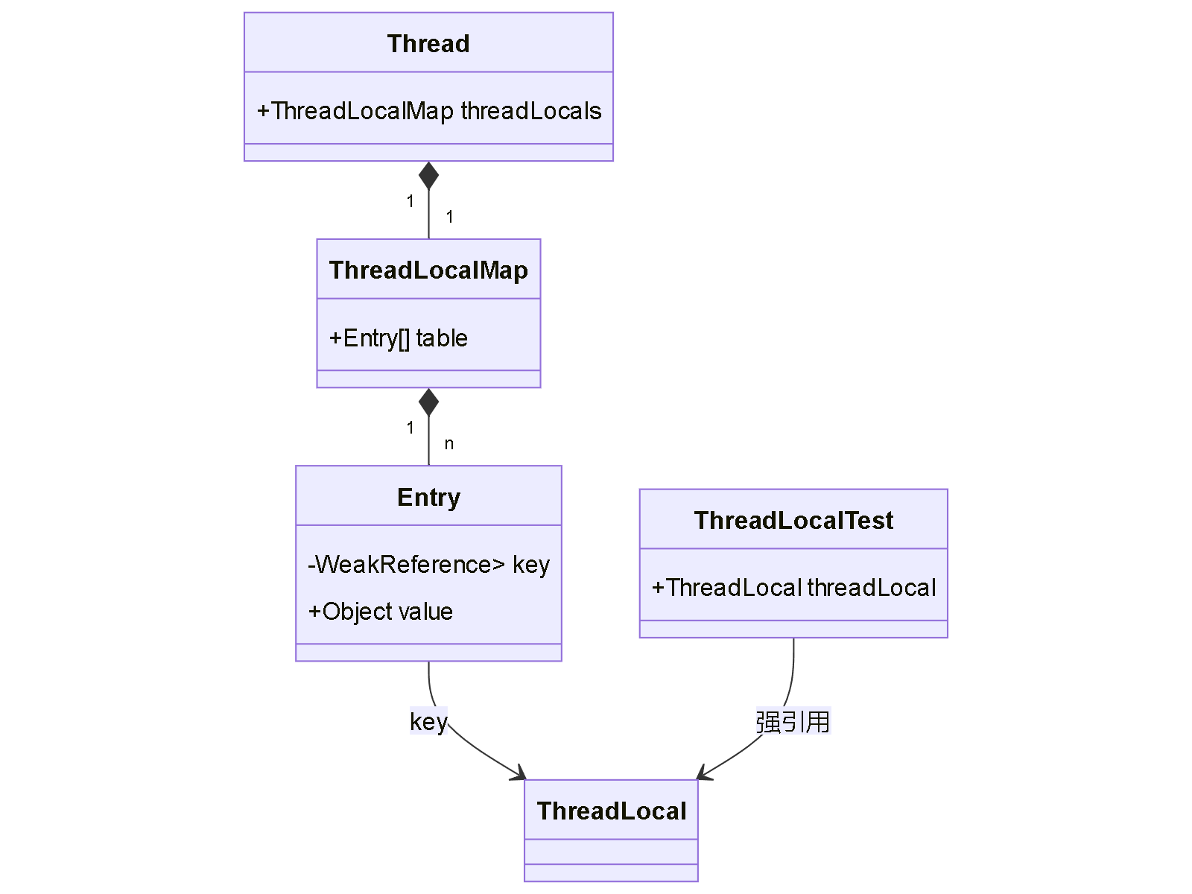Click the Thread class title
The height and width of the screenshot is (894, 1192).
coord(428,44)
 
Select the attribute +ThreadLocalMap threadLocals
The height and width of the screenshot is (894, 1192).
coord(428,111)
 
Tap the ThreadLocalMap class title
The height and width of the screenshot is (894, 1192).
coord(428,270)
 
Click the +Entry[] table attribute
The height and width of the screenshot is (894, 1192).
coord(399,338)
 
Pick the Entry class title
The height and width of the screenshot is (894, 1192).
coord(428,497)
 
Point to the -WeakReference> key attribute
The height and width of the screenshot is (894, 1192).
coord(428,565)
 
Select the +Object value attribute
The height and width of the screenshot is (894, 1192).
coord(381,612)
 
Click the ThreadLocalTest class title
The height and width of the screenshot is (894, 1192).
coord(793,520)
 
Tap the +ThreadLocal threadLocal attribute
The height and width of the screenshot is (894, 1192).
coord(793,588)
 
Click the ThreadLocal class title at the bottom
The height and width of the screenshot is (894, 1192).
coord(611,811)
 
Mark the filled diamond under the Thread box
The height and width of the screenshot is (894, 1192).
coord(428,177)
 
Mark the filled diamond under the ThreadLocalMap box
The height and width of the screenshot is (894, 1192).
coord(428,402)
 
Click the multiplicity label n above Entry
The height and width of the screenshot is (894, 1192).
coord(449,444)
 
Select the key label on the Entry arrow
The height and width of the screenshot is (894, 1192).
coord(428,721)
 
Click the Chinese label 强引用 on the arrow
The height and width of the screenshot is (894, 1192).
coord(793,721)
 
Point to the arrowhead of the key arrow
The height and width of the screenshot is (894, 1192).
coord(520,775)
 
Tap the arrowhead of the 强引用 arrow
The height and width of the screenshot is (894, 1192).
coord(703,775)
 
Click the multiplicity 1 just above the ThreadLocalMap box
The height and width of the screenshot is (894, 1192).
coord(450,217)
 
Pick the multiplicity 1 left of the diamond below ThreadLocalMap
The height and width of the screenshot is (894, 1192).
coord(410,428)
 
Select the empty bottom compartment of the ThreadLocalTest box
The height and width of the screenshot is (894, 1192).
coord(793,629)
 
